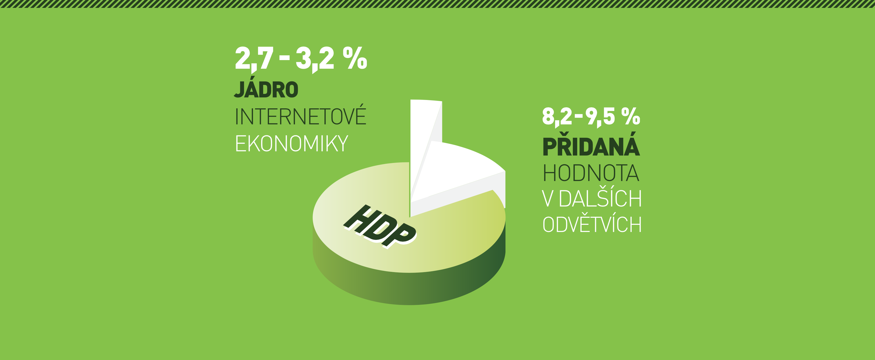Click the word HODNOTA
click(x=591, y=173)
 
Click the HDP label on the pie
click(x=380, y=226)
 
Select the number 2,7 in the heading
click(x=254, y=60)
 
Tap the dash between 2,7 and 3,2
click(x=284, y=59)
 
